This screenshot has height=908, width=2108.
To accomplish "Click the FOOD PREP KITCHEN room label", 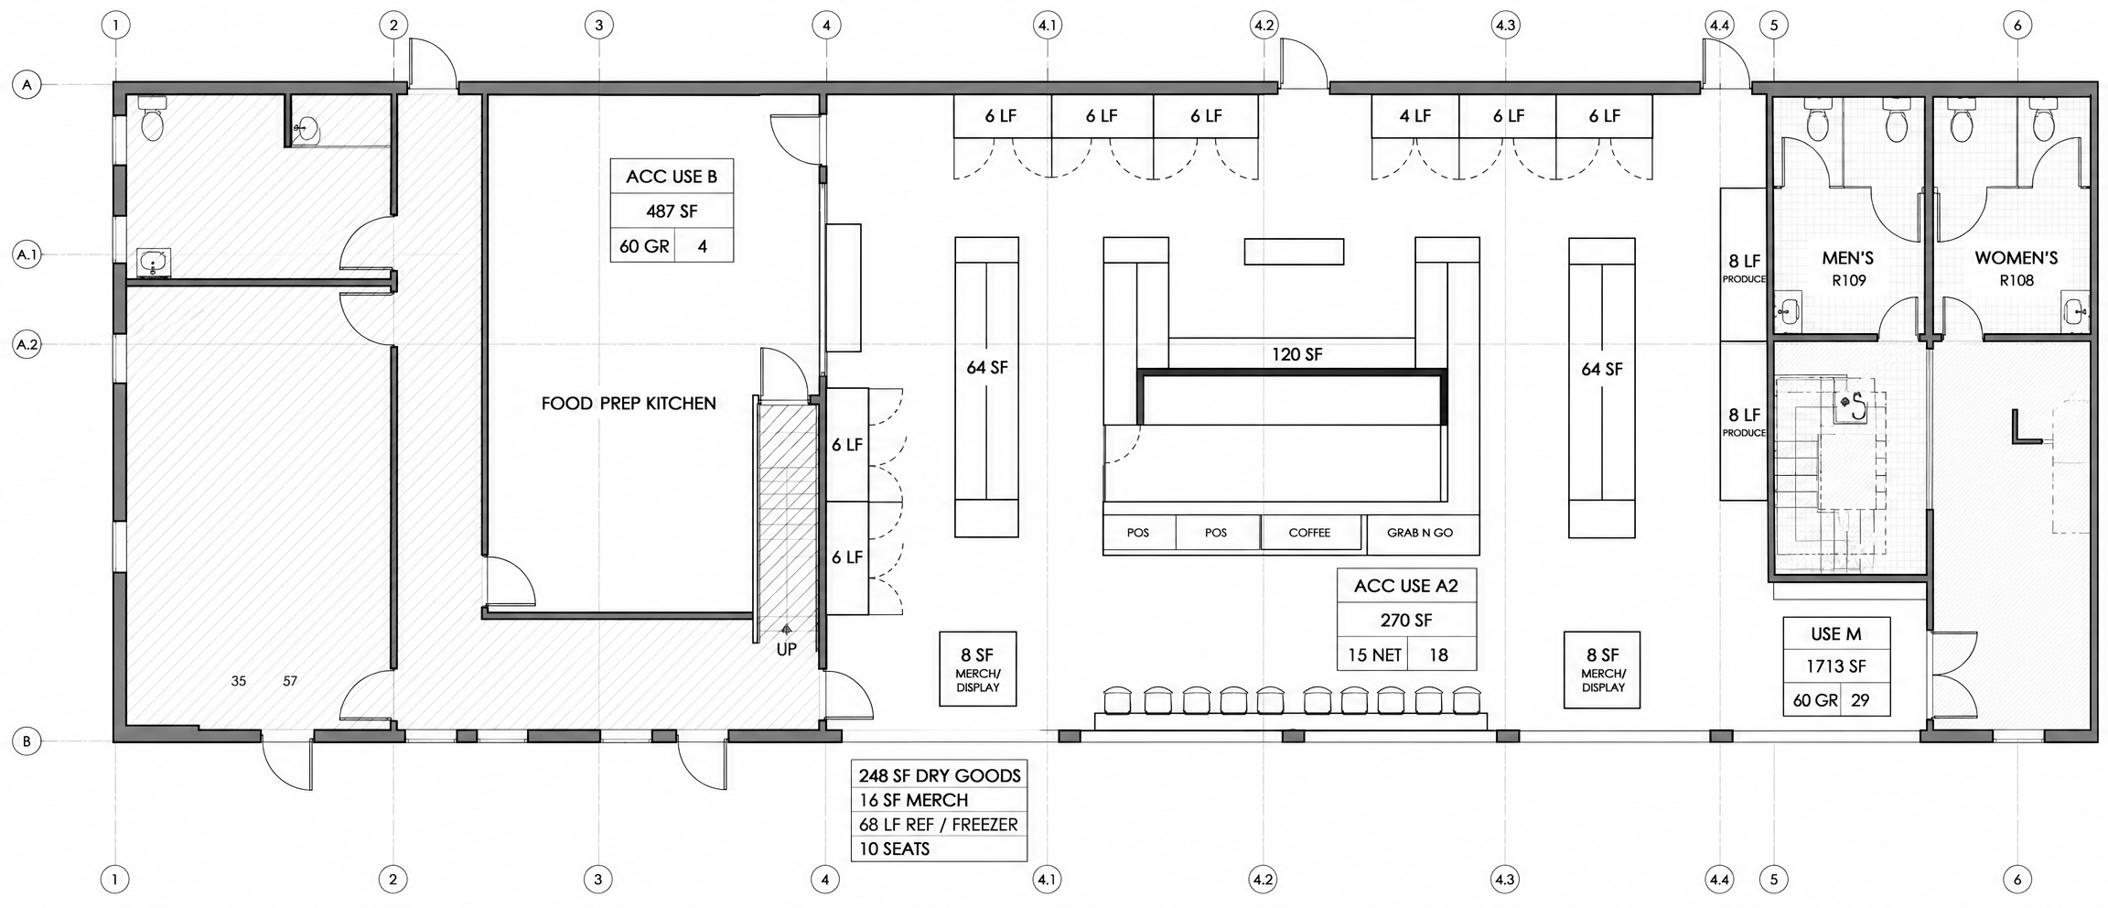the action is pyautogui.click(x=629, y=404).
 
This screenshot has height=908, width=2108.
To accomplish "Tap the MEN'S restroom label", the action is pyautogui.click(x=1847, y=259).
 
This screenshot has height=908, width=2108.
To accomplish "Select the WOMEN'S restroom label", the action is pyautogui.click(x=2016, y=259).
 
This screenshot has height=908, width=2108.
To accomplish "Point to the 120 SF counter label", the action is pyautogui.click(x=1296, y=354).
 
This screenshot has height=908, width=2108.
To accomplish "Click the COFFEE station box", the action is pyautogui.click(x=1310, y=533).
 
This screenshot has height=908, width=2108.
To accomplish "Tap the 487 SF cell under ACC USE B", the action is pyautogui.click(x=672, y=211).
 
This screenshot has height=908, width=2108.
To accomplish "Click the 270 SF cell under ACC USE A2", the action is pyautogui.click(x=1406, y=621).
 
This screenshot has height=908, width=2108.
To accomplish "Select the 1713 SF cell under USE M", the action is pyautogui.click(x=1836, y=667).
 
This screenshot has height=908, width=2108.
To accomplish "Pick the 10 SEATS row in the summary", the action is pyautogui.click(x=939, y=849).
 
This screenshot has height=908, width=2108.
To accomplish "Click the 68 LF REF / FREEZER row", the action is pyautogui.click(x=939, y=825).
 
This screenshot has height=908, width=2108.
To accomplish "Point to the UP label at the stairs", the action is pyautogui.click(x=786, y=649).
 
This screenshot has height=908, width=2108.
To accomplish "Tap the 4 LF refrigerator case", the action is pyautogui.click(x=1414, y=116).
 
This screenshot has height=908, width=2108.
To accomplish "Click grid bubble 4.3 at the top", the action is pyautogui.click(x=1505, y=26).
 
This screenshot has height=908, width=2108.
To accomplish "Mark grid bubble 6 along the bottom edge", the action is pyautogui.click(x=2017, y=881).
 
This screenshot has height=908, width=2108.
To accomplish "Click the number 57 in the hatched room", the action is pyautogui.click(x=290, y=681).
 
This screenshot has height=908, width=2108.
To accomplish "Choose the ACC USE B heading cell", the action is pyautogui.click(x=672, y=177).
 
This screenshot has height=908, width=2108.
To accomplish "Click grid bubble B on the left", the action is pyautogui.click(x=27, y=741).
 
